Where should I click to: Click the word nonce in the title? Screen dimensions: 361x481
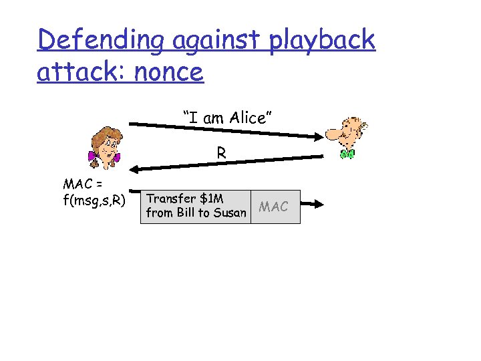pos(168,71)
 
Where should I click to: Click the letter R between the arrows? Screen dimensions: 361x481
pos(221,153)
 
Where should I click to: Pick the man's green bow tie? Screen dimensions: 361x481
pos(346,154)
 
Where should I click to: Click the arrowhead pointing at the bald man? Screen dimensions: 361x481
pos(317,136)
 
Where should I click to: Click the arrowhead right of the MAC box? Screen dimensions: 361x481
pos(319,206)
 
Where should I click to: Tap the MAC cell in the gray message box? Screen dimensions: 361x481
pos(275,207)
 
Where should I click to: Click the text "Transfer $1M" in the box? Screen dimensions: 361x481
pos(184,199)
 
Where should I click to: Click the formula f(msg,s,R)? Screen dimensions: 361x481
pos(93,199)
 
